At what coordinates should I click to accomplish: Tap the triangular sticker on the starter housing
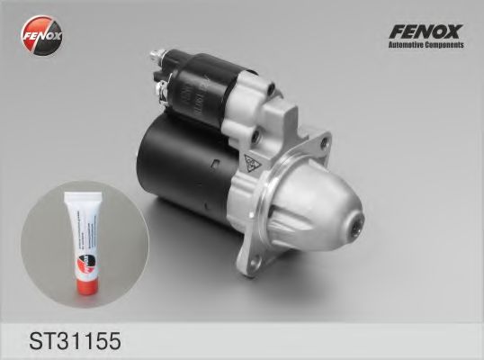click(x=253, y=164)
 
